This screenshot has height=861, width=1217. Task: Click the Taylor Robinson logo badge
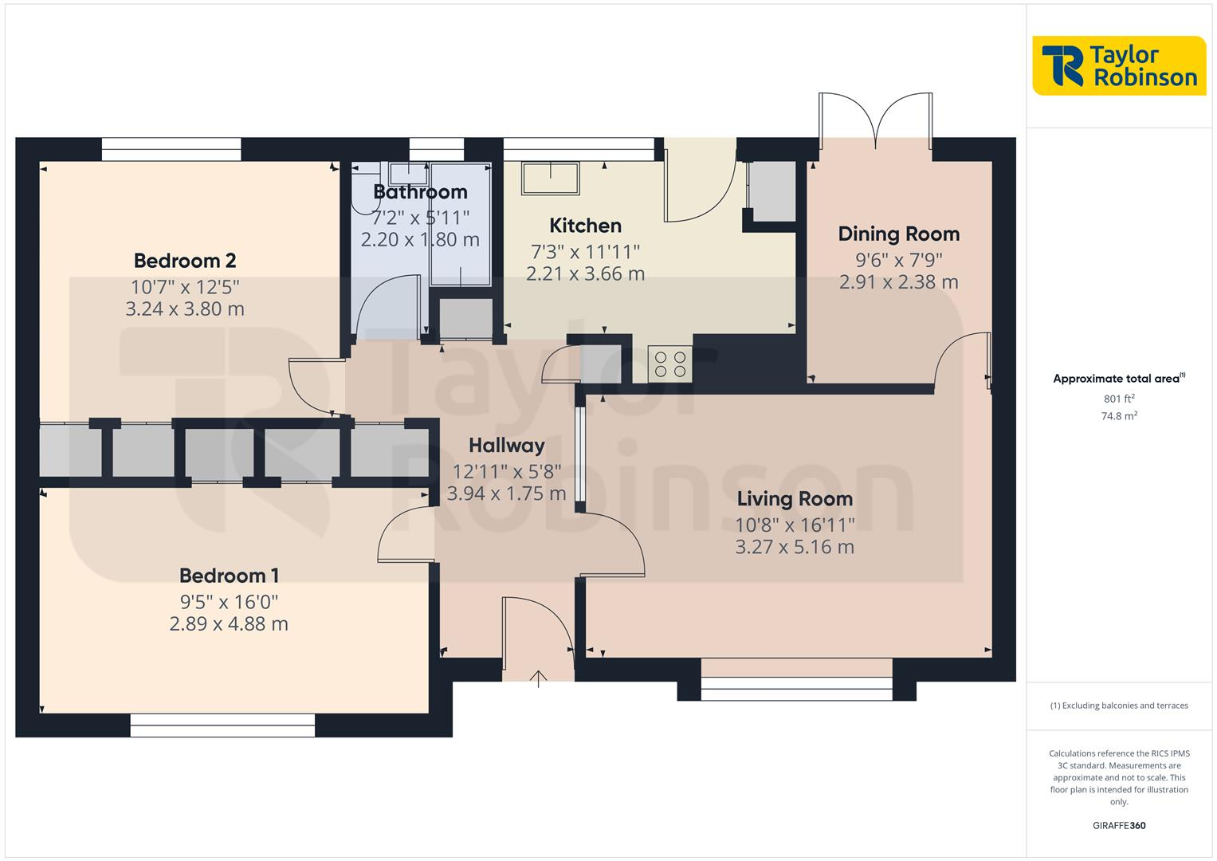pos(1119,65)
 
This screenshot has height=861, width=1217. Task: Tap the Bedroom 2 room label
pos(185,261)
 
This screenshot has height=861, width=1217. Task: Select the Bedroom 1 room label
pos(229,576)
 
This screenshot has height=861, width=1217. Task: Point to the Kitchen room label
pos(585,226)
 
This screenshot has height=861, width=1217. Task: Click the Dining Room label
pos(898,234)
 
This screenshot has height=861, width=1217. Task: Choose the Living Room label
pos(795,499)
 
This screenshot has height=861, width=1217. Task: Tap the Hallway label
pos(506,446)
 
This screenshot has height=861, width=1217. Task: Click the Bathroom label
pos(420,192)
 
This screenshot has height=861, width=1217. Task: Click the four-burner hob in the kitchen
pos(670,364)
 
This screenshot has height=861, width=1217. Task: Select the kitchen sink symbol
pos(551,177)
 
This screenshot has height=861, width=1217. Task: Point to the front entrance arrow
pos(539,678)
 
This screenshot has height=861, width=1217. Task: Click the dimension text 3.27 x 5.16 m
pos(795,547)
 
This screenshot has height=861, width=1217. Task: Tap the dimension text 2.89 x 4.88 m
pos(229,623)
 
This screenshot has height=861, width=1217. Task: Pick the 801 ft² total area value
pos(1119,399)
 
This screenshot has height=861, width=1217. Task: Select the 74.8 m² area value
pos(1119,415)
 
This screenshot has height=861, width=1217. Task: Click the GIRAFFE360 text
pos(1119,825)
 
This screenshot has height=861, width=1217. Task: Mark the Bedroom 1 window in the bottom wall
pos(223,725)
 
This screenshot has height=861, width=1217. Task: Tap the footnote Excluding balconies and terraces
pos(1119,706)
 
